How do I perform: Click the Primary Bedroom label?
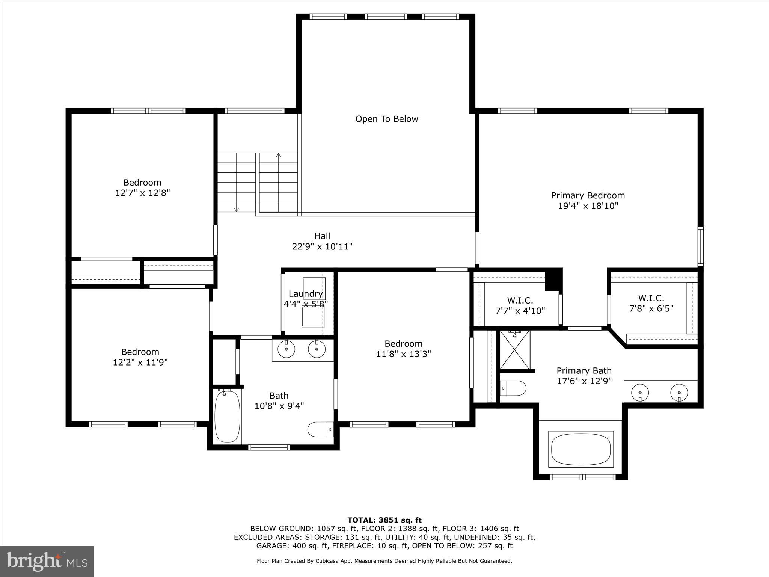coord(588,195)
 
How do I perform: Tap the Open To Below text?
coord(387,119)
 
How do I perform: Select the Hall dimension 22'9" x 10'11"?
coord(322,247)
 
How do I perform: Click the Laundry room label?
coord(306,294)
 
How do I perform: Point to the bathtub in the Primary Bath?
coord(581,450)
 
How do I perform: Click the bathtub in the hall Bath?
coord(227,416)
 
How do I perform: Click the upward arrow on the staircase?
coord(278,155)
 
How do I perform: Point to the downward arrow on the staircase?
coord(237,209)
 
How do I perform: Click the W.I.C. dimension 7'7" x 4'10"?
coord(520,311)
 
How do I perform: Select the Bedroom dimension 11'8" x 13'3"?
coord(403,354)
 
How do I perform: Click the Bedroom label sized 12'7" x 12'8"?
coord(142,183)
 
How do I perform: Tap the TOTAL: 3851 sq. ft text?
coord(384,520)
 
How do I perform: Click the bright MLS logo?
coord(47,561)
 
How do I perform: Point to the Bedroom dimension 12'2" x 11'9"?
coord(140,363)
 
